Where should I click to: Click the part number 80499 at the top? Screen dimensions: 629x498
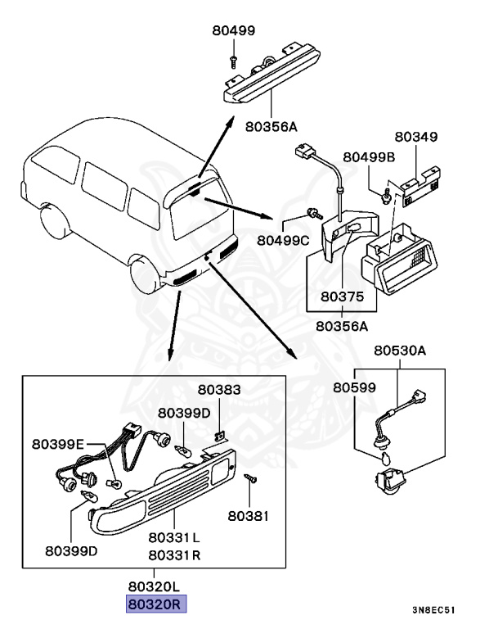pos(232,31)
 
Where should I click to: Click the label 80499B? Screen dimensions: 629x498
pos(369,156)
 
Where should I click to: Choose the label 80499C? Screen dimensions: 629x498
pos(283,240)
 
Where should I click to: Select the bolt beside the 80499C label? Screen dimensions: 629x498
pos(312,215)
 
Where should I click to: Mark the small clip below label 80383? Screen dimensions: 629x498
pos(219,432)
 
